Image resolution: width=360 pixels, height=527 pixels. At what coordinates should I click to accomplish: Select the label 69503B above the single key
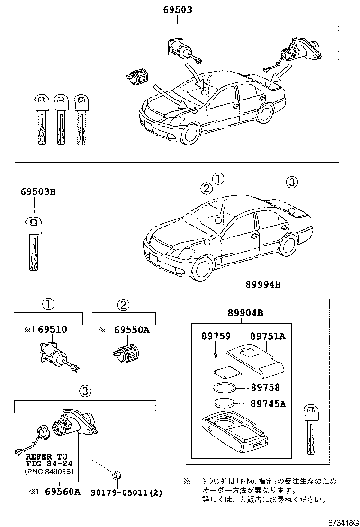pos(38,192)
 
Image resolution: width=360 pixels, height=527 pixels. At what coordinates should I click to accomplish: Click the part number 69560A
pos(63,492)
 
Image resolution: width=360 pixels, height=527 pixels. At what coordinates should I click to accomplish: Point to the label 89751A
pos(268,336)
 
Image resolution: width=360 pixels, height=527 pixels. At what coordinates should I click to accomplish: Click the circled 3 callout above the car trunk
pos(292,182)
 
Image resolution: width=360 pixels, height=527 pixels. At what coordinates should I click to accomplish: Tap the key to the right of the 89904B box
pos(311,429)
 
